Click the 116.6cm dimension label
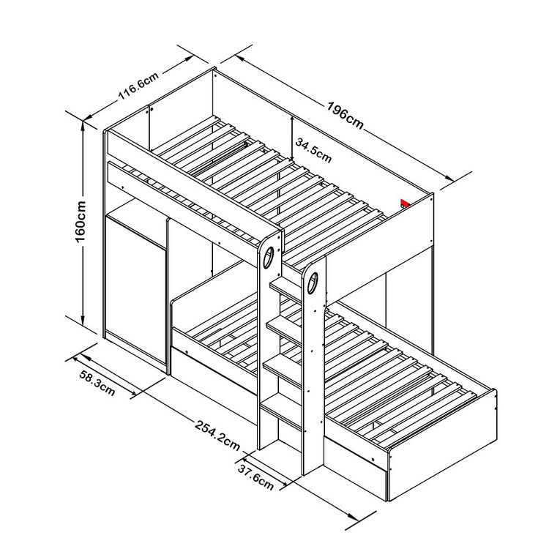click(139, 86)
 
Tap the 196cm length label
click(346, 115)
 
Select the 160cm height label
click(81, 222)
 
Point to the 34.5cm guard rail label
click(313, 150)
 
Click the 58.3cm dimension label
click(97, 383)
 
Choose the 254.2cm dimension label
click(217, 436)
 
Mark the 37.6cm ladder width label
click(255, 477)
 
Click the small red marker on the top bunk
click(405, 203)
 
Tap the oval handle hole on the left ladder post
click(269, 257)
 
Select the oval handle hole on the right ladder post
click(313, 283)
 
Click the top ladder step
click(285, 290)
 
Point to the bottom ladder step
click(281, 410)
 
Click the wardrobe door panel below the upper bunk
click(136, 291)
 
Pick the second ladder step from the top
click(283, 331)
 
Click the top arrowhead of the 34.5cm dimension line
click(292, 120)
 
